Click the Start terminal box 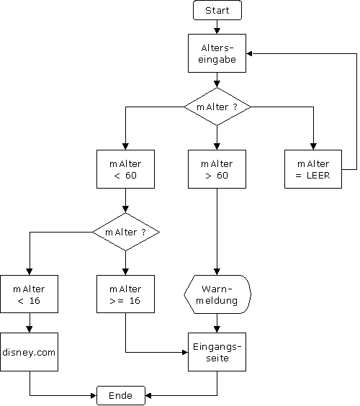coord(217,10)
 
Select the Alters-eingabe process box coord(217,53)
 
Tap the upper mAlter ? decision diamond coord(217,107)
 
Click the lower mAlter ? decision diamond coord(125,232)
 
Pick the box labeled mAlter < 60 coord(125,169)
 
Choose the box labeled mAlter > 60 coord(217,169)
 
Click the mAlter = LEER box coord(313,169)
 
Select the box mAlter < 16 coord(30,294)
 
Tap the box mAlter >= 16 coord(125,294)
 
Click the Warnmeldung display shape coord(217,294)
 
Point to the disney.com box coord(30,352)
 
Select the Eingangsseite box coord(217,352)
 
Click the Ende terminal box coord(121,395)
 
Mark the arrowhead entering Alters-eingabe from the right coord(249,53)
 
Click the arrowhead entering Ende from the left coord(94,395)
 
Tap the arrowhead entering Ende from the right coord(148,395)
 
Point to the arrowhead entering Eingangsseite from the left coord(185,352)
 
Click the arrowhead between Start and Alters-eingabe coord(217,31)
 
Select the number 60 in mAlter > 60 coord(222,176)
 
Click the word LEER coord(318,176)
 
